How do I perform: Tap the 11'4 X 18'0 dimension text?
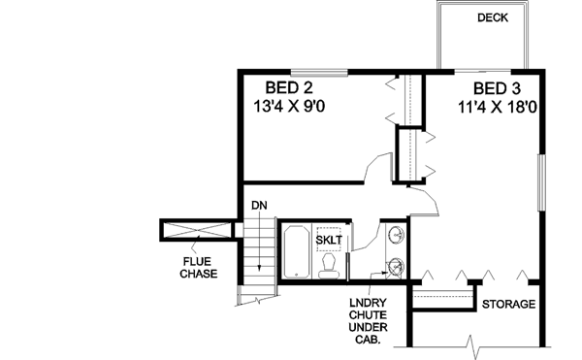pos(499,106)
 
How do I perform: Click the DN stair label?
pos(258,206)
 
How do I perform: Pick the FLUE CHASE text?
pos(196,267)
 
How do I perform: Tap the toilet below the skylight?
pos(328,266)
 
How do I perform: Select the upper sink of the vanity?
pos(396,235)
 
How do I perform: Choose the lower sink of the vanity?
pos(396,267)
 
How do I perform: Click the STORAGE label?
pos(509,305)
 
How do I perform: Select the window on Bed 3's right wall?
pos(541,185)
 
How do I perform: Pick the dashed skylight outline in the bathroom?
pos(327,239)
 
